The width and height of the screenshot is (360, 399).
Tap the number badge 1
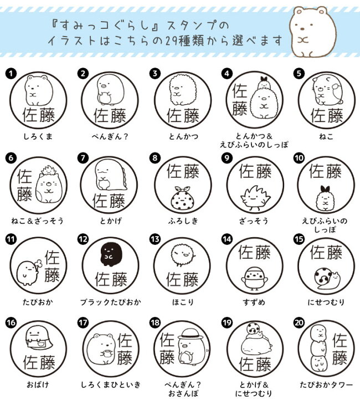10,73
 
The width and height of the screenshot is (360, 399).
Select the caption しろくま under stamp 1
38,136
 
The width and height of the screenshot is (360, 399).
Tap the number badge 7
83,157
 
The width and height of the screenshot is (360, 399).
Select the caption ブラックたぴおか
110,303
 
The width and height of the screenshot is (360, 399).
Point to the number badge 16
10,321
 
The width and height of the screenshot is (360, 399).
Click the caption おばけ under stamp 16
38,384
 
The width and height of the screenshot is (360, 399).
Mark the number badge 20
298,321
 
